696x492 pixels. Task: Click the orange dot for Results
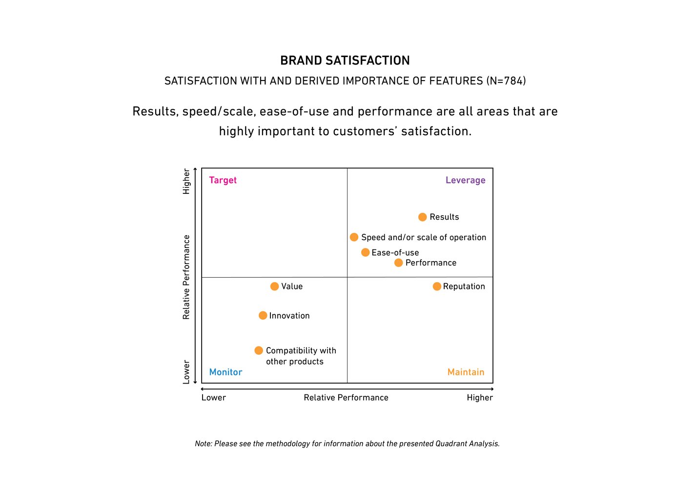pyautogui.click(x=423, y=217)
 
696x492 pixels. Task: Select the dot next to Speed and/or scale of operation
pyautogui.click(x=354, y=237)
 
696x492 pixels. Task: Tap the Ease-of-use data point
pyautogui.click(x=365, y=252)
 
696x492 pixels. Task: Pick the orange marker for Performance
pyautogui.click(x=399, y=263)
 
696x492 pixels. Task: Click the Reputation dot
pyautogui.click(x=437, y=287)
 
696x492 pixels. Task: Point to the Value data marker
pyautogui.click(x=275, y=287)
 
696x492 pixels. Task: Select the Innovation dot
pyautogui.click(x=263, y=316)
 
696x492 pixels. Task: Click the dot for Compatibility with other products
pyautogui.click(x=259, y=350)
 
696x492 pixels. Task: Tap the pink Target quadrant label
pyautogui.click(x=223, y=180)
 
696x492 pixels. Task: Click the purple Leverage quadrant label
pyautogui.click(x=465, y=180)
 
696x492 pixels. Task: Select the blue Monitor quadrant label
pyautogui.click(x=225, y=372)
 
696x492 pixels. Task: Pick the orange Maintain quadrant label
pyautogui.click(x=466, y=372)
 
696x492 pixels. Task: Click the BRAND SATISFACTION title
pyautogui.click(x=345, y=61)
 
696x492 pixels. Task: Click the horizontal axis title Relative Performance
pyautogui.click(x=346, y=398)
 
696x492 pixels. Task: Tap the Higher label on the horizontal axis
pyautogui.click(x=479, y=398)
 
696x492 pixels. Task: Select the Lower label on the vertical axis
pyautogui.click(x=186, y=372)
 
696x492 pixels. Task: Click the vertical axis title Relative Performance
pyautogui.click(x=186, y=277)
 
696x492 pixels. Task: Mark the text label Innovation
pyautogui.click(x=289, y=316)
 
